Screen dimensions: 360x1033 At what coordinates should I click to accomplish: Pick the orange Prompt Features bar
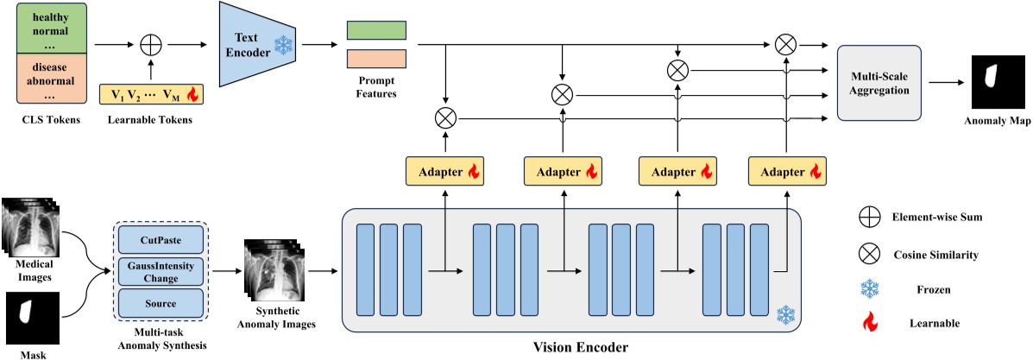[x=375, y=59]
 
